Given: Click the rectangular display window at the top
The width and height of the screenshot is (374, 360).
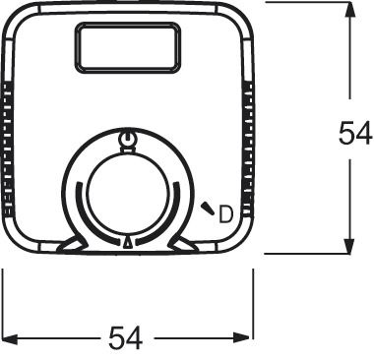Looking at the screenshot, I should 128,47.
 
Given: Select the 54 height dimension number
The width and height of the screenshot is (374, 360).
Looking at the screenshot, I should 353,134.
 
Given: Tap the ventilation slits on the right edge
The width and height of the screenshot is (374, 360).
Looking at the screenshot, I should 249,148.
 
